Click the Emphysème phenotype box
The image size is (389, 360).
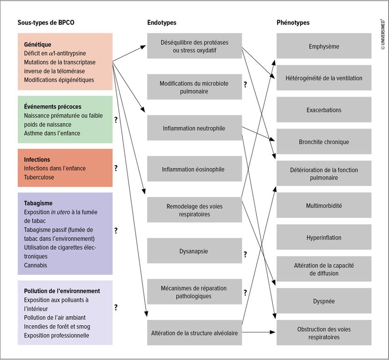pos(324,46)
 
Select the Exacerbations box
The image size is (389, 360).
pos(324,110)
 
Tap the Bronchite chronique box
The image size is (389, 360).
pos(324,142)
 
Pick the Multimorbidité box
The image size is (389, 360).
pos(324,206)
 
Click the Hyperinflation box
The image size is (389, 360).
pos(324,237)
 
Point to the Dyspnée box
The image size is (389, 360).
pos(324,301)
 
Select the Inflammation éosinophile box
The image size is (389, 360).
pos(194,169)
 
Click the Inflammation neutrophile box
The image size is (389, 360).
pos(194,128)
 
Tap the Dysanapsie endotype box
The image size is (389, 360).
pos(194,251)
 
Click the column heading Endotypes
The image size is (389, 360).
pos(162,23)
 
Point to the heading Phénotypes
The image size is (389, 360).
pos(293,23)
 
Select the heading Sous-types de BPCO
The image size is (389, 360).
pos(46,23)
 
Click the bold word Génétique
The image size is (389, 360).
pos(37,45)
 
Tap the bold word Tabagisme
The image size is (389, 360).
pos(38,203)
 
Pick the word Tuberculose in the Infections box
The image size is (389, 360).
pos(39,177)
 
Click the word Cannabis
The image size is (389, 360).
pos(36,265)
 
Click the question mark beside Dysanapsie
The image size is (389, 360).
pos(245,254)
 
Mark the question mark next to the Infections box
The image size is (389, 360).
pos(116,168)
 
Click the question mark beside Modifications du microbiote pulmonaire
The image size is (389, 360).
pos(245,84)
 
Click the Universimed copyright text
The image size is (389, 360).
pos(383,35)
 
